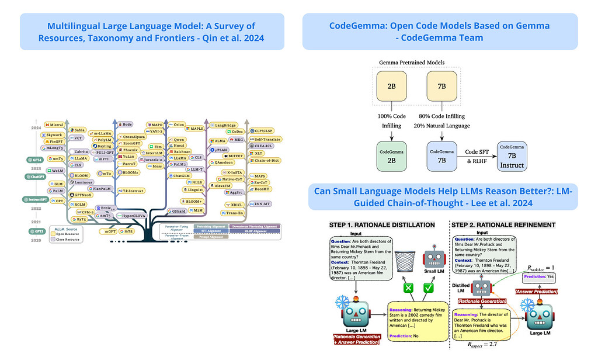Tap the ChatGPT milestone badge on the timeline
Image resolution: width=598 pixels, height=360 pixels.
point(35,176)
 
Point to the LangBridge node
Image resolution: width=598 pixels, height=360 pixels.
point(223,125)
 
